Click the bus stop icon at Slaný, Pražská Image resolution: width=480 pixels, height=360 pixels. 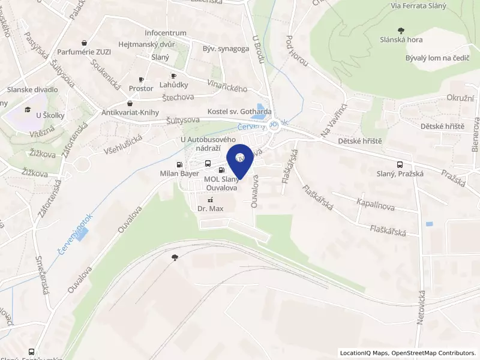click(x=400, y=164)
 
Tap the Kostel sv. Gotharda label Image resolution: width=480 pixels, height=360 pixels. click(x=239, y=112)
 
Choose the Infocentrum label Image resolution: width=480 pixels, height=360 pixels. click(x=166, y=33)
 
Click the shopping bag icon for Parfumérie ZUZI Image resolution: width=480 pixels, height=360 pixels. click(x=84, y=43)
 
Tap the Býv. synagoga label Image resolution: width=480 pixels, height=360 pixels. click(x=226, y=49)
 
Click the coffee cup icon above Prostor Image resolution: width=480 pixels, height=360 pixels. click(x=142, y=79)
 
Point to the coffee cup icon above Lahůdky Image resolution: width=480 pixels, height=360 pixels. click(x=174, y=76)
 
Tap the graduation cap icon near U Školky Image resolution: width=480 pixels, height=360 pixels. click(x=28, y=109)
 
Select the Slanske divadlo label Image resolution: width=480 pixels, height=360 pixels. click(x=32, y=89)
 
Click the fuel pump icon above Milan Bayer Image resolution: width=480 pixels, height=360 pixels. click(x=179, y=164)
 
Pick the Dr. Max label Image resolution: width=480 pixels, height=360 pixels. click(x=210, y=208)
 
